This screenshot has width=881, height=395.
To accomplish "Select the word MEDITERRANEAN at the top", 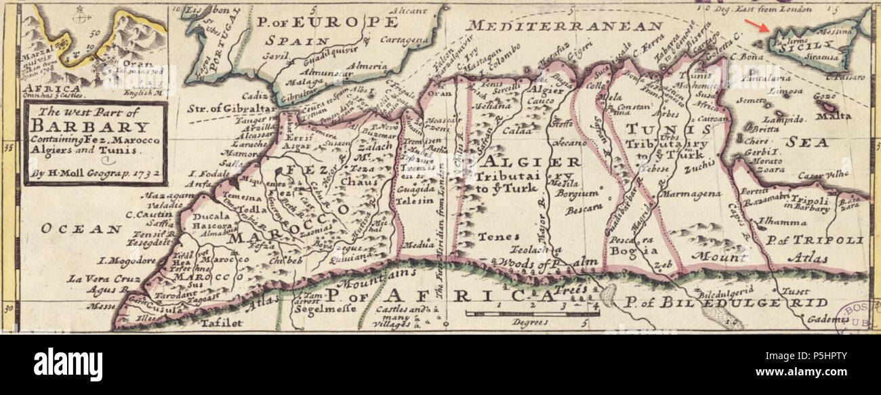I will (x=564, y=26).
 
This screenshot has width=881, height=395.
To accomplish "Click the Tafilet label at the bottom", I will (x=221, y=323).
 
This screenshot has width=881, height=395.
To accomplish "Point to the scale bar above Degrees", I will (x=532, y=314).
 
